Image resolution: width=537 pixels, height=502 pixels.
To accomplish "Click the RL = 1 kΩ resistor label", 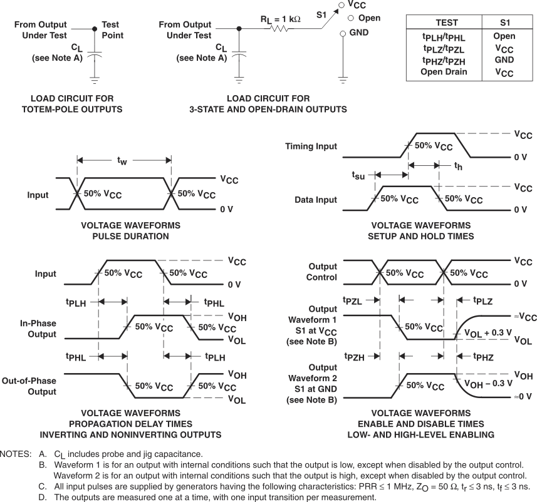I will pyautogui.click(x=280, y=19).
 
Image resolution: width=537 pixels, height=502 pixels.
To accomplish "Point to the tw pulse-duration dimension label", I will pyautogui.click(x=124, y=161).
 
